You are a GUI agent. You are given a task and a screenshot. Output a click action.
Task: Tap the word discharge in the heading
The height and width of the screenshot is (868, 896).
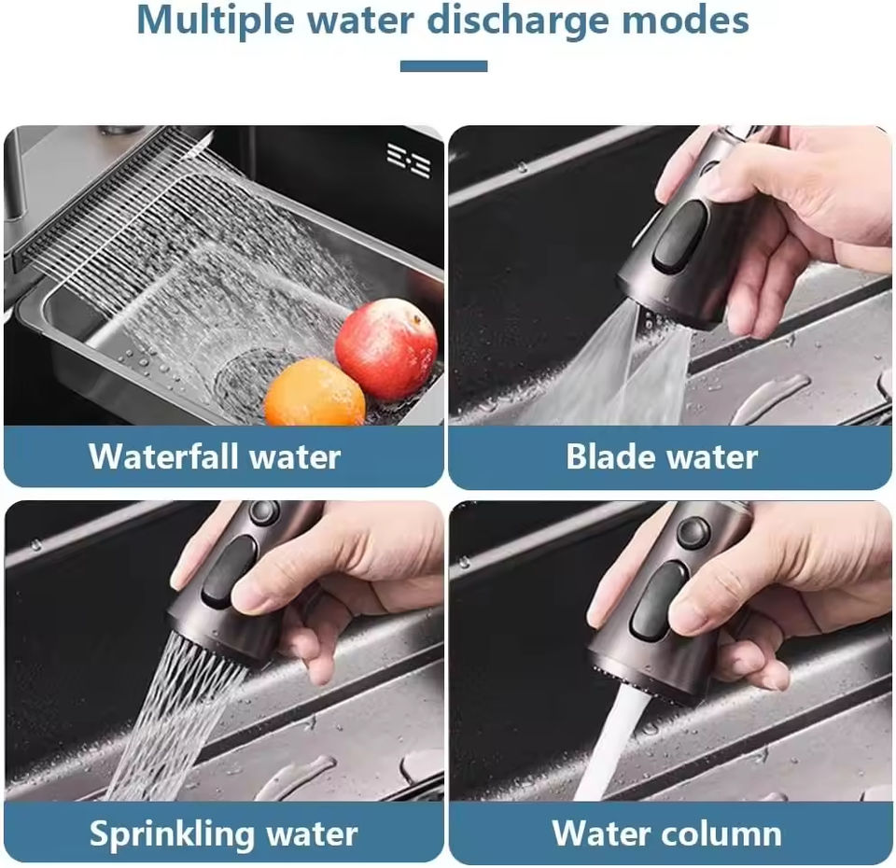click(518, 21)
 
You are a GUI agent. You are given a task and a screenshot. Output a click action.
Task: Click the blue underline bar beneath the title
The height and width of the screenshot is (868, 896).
click(443, 66)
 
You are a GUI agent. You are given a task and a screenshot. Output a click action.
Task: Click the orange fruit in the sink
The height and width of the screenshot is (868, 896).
click(315, 393)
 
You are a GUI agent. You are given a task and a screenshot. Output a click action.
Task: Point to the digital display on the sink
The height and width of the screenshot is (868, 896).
click(409, 161)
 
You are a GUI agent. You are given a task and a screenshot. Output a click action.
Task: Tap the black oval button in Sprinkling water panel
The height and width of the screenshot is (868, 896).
click(231, 571)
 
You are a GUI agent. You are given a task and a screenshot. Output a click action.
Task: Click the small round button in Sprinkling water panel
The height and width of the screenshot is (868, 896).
click(263, 511)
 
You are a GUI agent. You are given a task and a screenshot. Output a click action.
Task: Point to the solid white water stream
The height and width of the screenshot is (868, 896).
click(610, 744)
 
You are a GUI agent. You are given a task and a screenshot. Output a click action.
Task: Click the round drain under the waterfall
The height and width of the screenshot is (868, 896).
click(248, 380)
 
